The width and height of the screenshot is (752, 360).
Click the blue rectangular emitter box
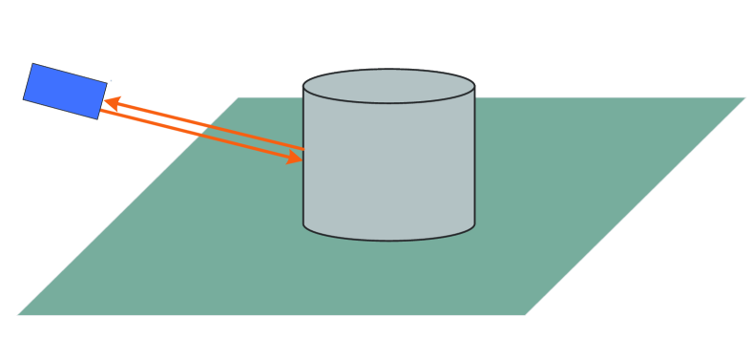tap(65, 91)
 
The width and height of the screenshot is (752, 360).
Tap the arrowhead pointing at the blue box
tap(111, 100)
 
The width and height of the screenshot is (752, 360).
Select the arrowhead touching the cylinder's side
tap(297, 159)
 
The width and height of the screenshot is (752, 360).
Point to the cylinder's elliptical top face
tap(388, 86)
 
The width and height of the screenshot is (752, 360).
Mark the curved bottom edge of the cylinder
tap(388, 239)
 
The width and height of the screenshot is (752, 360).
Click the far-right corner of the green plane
tap(744, 97)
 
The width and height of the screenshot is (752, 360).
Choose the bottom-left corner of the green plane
tap(18, 314)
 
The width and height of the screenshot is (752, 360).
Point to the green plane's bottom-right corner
tap(526, 314)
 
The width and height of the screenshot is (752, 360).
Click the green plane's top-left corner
tap(239, 97)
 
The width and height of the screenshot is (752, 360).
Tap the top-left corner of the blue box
tap(33, 64)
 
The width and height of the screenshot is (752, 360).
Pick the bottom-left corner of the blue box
tap(23, 98)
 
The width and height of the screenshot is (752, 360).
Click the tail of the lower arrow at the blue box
tap(101, 112)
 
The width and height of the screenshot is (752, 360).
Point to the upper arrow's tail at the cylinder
tap(303, 149)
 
